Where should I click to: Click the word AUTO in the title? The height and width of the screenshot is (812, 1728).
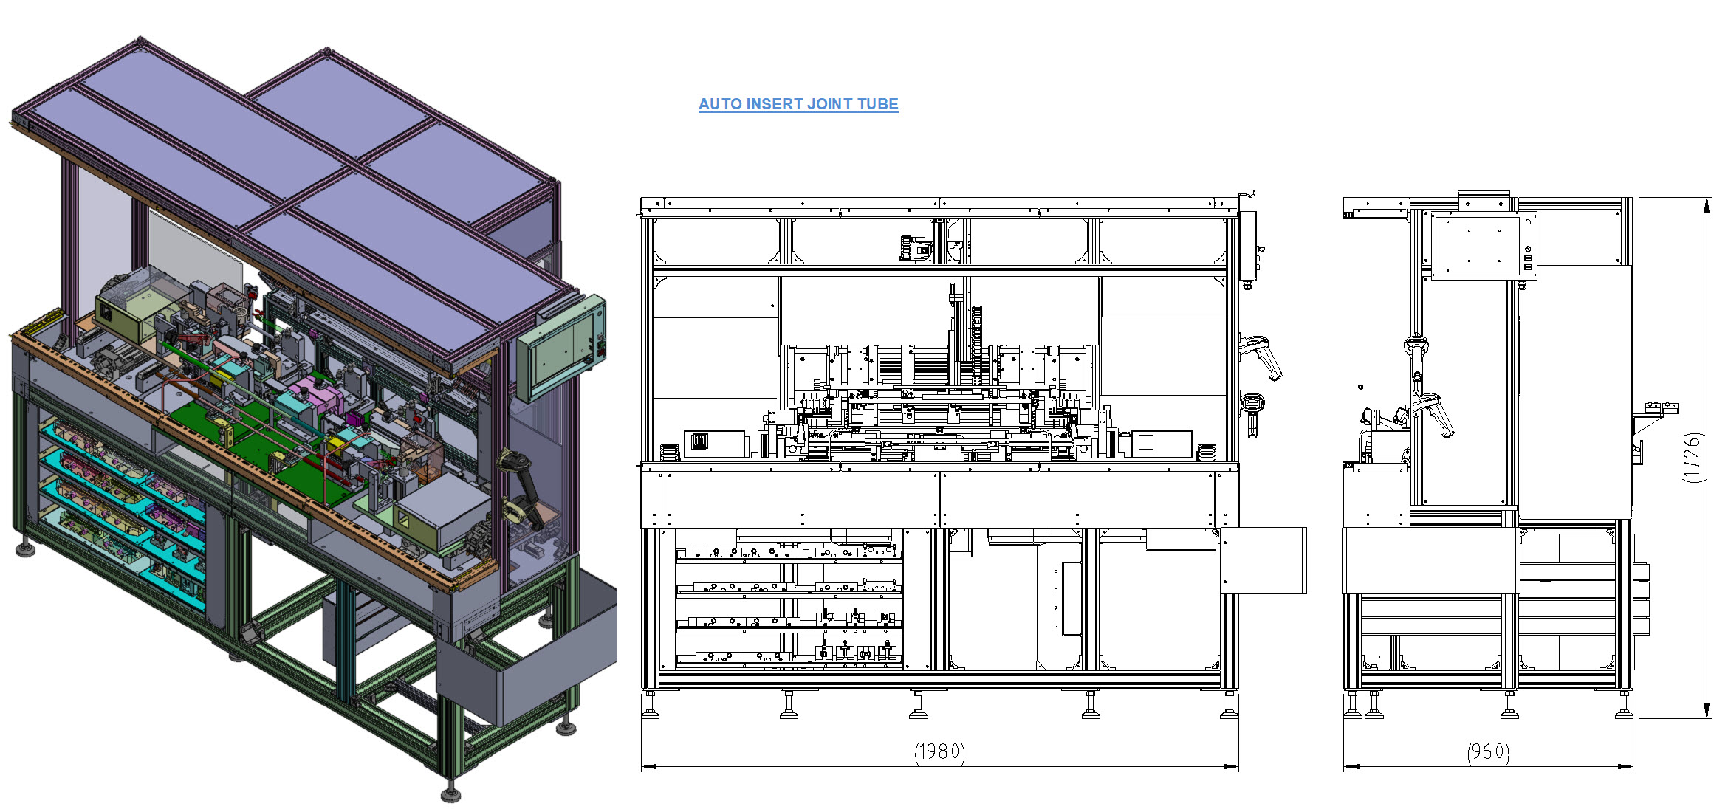pyautogui.click(x=719, y=104)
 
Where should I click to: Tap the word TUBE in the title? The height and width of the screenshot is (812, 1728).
pyautogui.click(x=877, y=104)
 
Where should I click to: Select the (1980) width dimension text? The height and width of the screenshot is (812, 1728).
pyautogui.click(x=940, y=751)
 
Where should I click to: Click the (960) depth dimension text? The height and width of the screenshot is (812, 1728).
pyautogui.click(x=1489, y=751)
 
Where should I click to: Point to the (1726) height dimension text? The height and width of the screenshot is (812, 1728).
pyautogui.click(x=1693, y=458)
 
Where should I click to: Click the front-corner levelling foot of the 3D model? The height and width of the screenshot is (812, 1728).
pyautogui.click(x=450, y=791)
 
